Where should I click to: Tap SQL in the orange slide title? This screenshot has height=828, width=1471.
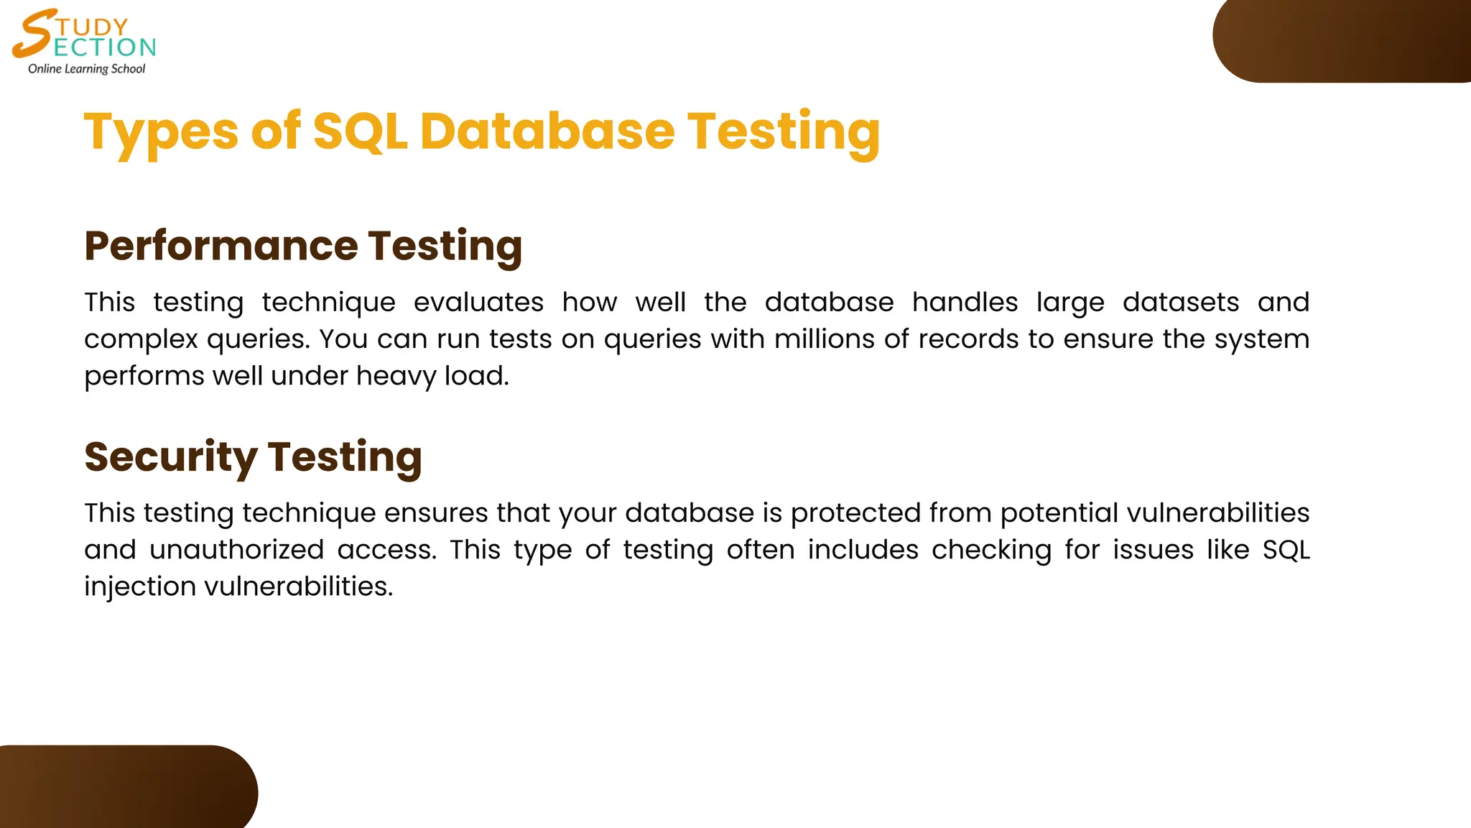click(360, 132)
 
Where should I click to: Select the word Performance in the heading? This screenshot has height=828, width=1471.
click(221, 246)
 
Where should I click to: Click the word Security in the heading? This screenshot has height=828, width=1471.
click(170, 457)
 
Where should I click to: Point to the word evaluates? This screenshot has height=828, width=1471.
click(478, 303)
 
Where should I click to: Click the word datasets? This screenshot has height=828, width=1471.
click(1180, 303)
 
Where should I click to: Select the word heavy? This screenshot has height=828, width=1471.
click(396, 376)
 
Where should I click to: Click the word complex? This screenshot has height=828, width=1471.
click(141, 339)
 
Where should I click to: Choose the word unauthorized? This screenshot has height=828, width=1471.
click(236, 550)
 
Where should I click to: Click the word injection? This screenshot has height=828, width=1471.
click(140, 586)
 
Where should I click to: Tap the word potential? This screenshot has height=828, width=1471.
click(1059, 513)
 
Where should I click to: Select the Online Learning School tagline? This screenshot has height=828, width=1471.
click(86, 69)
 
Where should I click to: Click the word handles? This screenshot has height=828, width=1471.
click(965, 303)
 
